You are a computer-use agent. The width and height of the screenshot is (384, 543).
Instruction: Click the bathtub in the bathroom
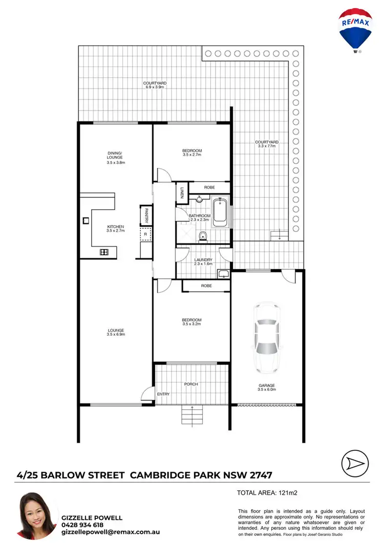(220, 212)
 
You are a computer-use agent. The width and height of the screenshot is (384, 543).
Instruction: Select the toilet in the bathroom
(203, 236)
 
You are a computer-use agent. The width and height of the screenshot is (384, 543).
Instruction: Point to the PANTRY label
(146, 215)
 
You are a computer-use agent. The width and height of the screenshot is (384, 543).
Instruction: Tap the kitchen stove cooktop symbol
(104, 252)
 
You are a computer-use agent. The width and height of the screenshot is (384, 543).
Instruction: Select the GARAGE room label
(267, 385)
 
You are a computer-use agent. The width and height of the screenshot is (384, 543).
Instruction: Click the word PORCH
(190, 384)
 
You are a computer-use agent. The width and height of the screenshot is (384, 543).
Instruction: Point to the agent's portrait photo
(36, 516)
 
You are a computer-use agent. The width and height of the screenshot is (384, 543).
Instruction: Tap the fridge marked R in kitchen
(145, 234)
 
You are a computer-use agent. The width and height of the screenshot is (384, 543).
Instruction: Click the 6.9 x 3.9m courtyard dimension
(155, 87)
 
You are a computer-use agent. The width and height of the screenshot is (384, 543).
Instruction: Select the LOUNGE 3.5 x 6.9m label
(116, 332)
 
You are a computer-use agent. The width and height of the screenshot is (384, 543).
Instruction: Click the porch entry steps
(192, 415)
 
